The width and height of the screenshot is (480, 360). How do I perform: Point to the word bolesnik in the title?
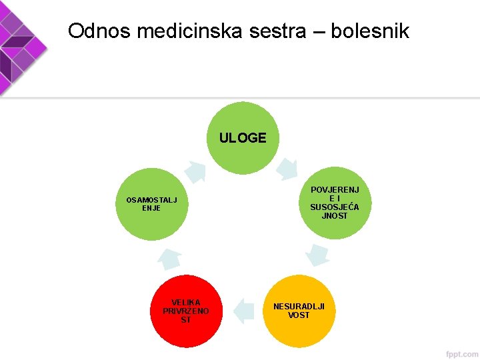click(370, 31)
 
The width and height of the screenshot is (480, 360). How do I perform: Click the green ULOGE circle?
click(243, 138)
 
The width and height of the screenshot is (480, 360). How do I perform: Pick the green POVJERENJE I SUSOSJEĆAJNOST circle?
click(334, 203)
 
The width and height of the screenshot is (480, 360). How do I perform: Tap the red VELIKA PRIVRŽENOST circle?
click(185, 311)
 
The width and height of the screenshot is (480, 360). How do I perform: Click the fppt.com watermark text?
click(463, 353)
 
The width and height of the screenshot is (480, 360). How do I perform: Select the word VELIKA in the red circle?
click(185, 302)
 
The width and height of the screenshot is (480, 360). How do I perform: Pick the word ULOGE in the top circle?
click(243, 138)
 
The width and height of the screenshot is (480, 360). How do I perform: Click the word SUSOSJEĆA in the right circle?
click(334, 207)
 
